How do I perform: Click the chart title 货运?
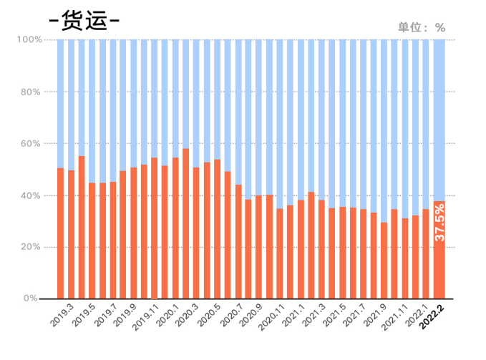(84, 20)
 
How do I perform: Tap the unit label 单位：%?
(422, 28)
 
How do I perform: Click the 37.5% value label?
(439, 222)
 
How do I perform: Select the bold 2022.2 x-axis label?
(432, 318)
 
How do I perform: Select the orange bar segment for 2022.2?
(439, 272)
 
